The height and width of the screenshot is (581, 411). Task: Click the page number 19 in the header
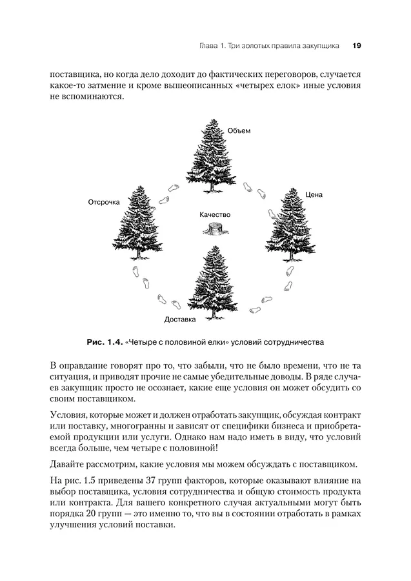(x=356, y=46)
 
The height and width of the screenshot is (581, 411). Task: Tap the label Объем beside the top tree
(x=239, y=130)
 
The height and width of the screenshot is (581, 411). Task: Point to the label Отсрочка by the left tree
(x=104, y=202)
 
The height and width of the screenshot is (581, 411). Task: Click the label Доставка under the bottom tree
(x=180, y=319)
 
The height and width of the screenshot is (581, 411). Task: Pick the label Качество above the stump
(x=215, y=214)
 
